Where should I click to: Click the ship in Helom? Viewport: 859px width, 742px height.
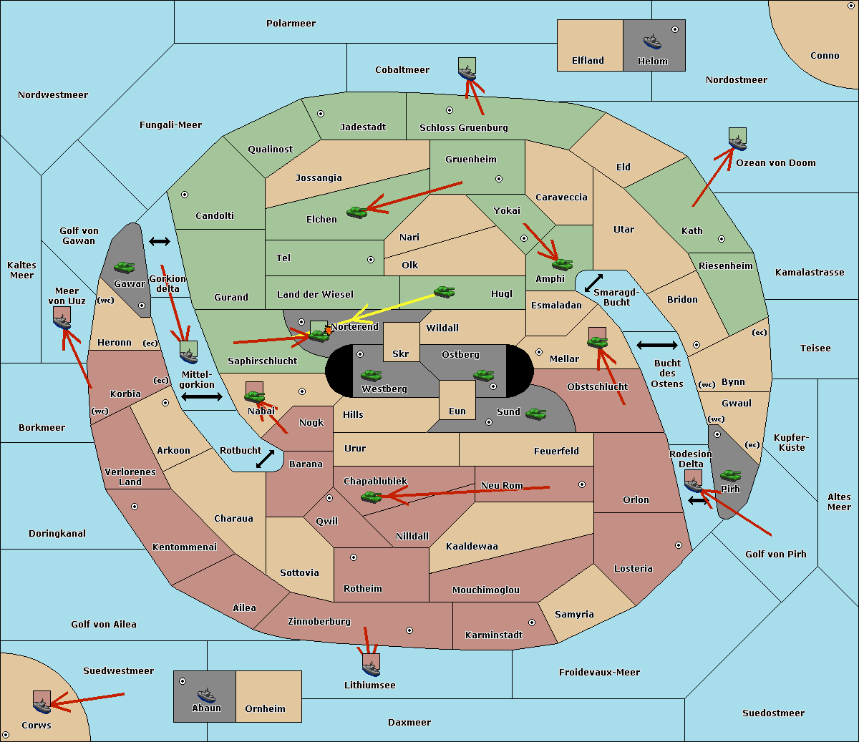tap(652, 42)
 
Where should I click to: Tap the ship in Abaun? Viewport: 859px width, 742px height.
tap(206, 695)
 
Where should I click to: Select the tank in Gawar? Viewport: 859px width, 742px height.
tap(125, 267)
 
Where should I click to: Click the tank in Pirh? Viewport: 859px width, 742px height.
tap(730, 475)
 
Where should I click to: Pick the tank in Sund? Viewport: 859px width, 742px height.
tap(535, 414)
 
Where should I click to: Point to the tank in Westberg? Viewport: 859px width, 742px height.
tap(371, 375)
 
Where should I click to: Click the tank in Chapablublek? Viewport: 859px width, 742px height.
tap(371, 497)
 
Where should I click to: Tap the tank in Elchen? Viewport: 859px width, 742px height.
tap(357, 213)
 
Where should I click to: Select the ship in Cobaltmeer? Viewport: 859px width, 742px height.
tap(467, 74)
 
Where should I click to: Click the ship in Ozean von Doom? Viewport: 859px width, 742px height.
tap(737, 143)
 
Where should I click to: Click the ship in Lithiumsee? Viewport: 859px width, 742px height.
tap(371, 669)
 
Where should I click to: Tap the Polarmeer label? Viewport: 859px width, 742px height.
tap(291, 24)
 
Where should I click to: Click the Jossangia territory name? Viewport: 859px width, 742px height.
tap(319, 178)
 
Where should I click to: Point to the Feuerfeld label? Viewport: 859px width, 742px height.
tap(556, 451)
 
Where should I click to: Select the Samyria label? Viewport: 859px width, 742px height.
tap(574, 615)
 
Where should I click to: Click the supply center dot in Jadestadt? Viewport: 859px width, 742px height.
tap(321, 114)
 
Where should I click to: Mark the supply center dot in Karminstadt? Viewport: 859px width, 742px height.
tap(532, 623)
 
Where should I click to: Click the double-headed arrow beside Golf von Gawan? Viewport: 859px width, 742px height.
tap(160, 241)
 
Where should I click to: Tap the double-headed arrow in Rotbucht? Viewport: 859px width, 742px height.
tap(265, 459)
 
